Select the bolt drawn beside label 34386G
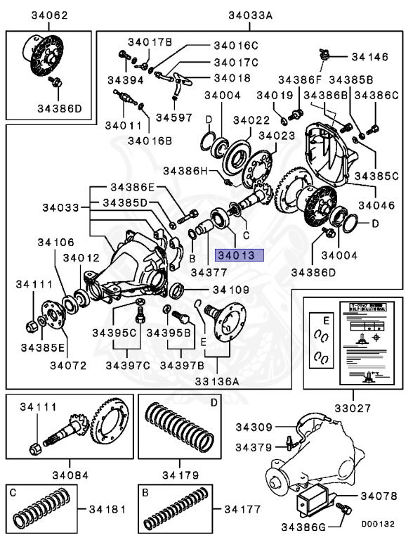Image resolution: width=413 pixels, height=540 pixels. click(343, 507)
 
